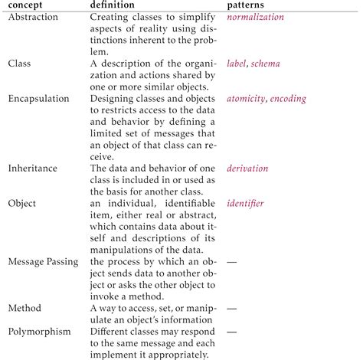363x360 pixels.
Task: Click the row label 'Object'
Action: [x=22, y=203]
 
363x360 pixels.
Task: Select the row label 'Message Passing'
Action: [x=42, y=261]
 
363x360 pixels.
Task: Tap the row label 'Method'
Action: [x=25, y=308]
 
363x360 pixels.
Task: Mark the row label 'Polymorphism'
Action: [x=40, y=332]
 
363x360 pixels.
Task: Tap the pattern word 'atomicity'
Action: [x=246, y=99]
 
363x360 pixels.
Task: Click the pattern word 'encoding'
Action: [x=288, y=99]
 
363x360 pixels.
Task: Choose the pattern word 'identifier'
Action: [x=246, y=203]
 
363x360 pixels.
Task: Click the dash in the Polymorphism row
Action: [x=232, y=332]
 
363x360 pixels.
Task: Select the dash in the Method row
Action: [x=232, y=308]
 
